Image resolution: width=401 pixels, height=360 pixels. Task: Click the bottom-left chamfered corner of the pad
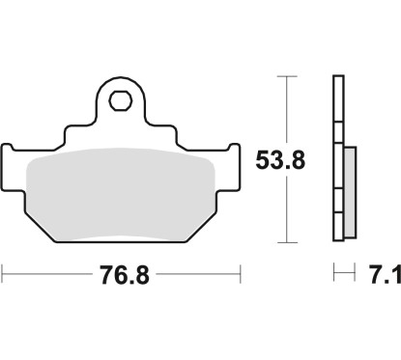tap(38, 226)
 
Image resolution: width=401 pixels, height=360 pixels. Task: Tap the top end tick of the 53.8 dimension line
tap(285, 77)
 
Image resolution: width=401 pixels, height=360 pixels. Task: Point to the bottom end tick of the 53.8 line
tap(285, 241)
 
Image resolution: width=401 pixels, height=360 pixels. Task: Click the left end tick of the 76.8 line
tap(3, 276)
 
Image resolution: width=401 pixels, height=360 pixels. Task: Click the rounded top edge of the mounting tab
tap(122, 80)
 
